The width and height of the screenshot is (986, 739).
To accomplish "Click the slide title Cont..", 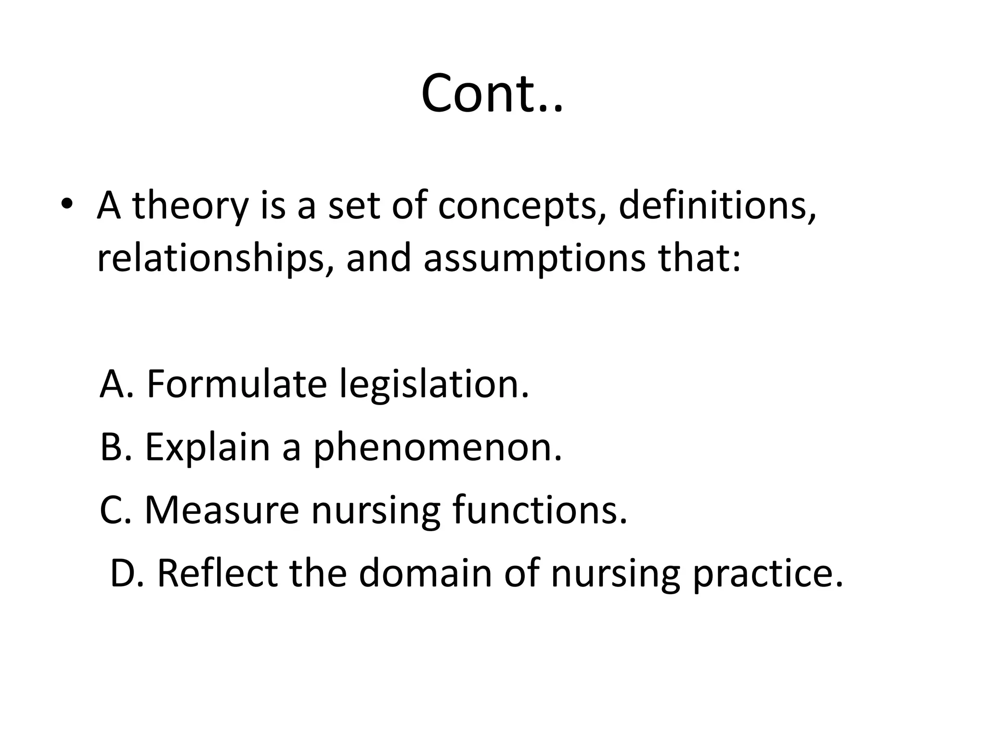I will [x=492, y=93].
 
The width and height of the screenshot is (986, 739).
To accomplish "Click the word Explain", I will [x=208, y=447].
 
